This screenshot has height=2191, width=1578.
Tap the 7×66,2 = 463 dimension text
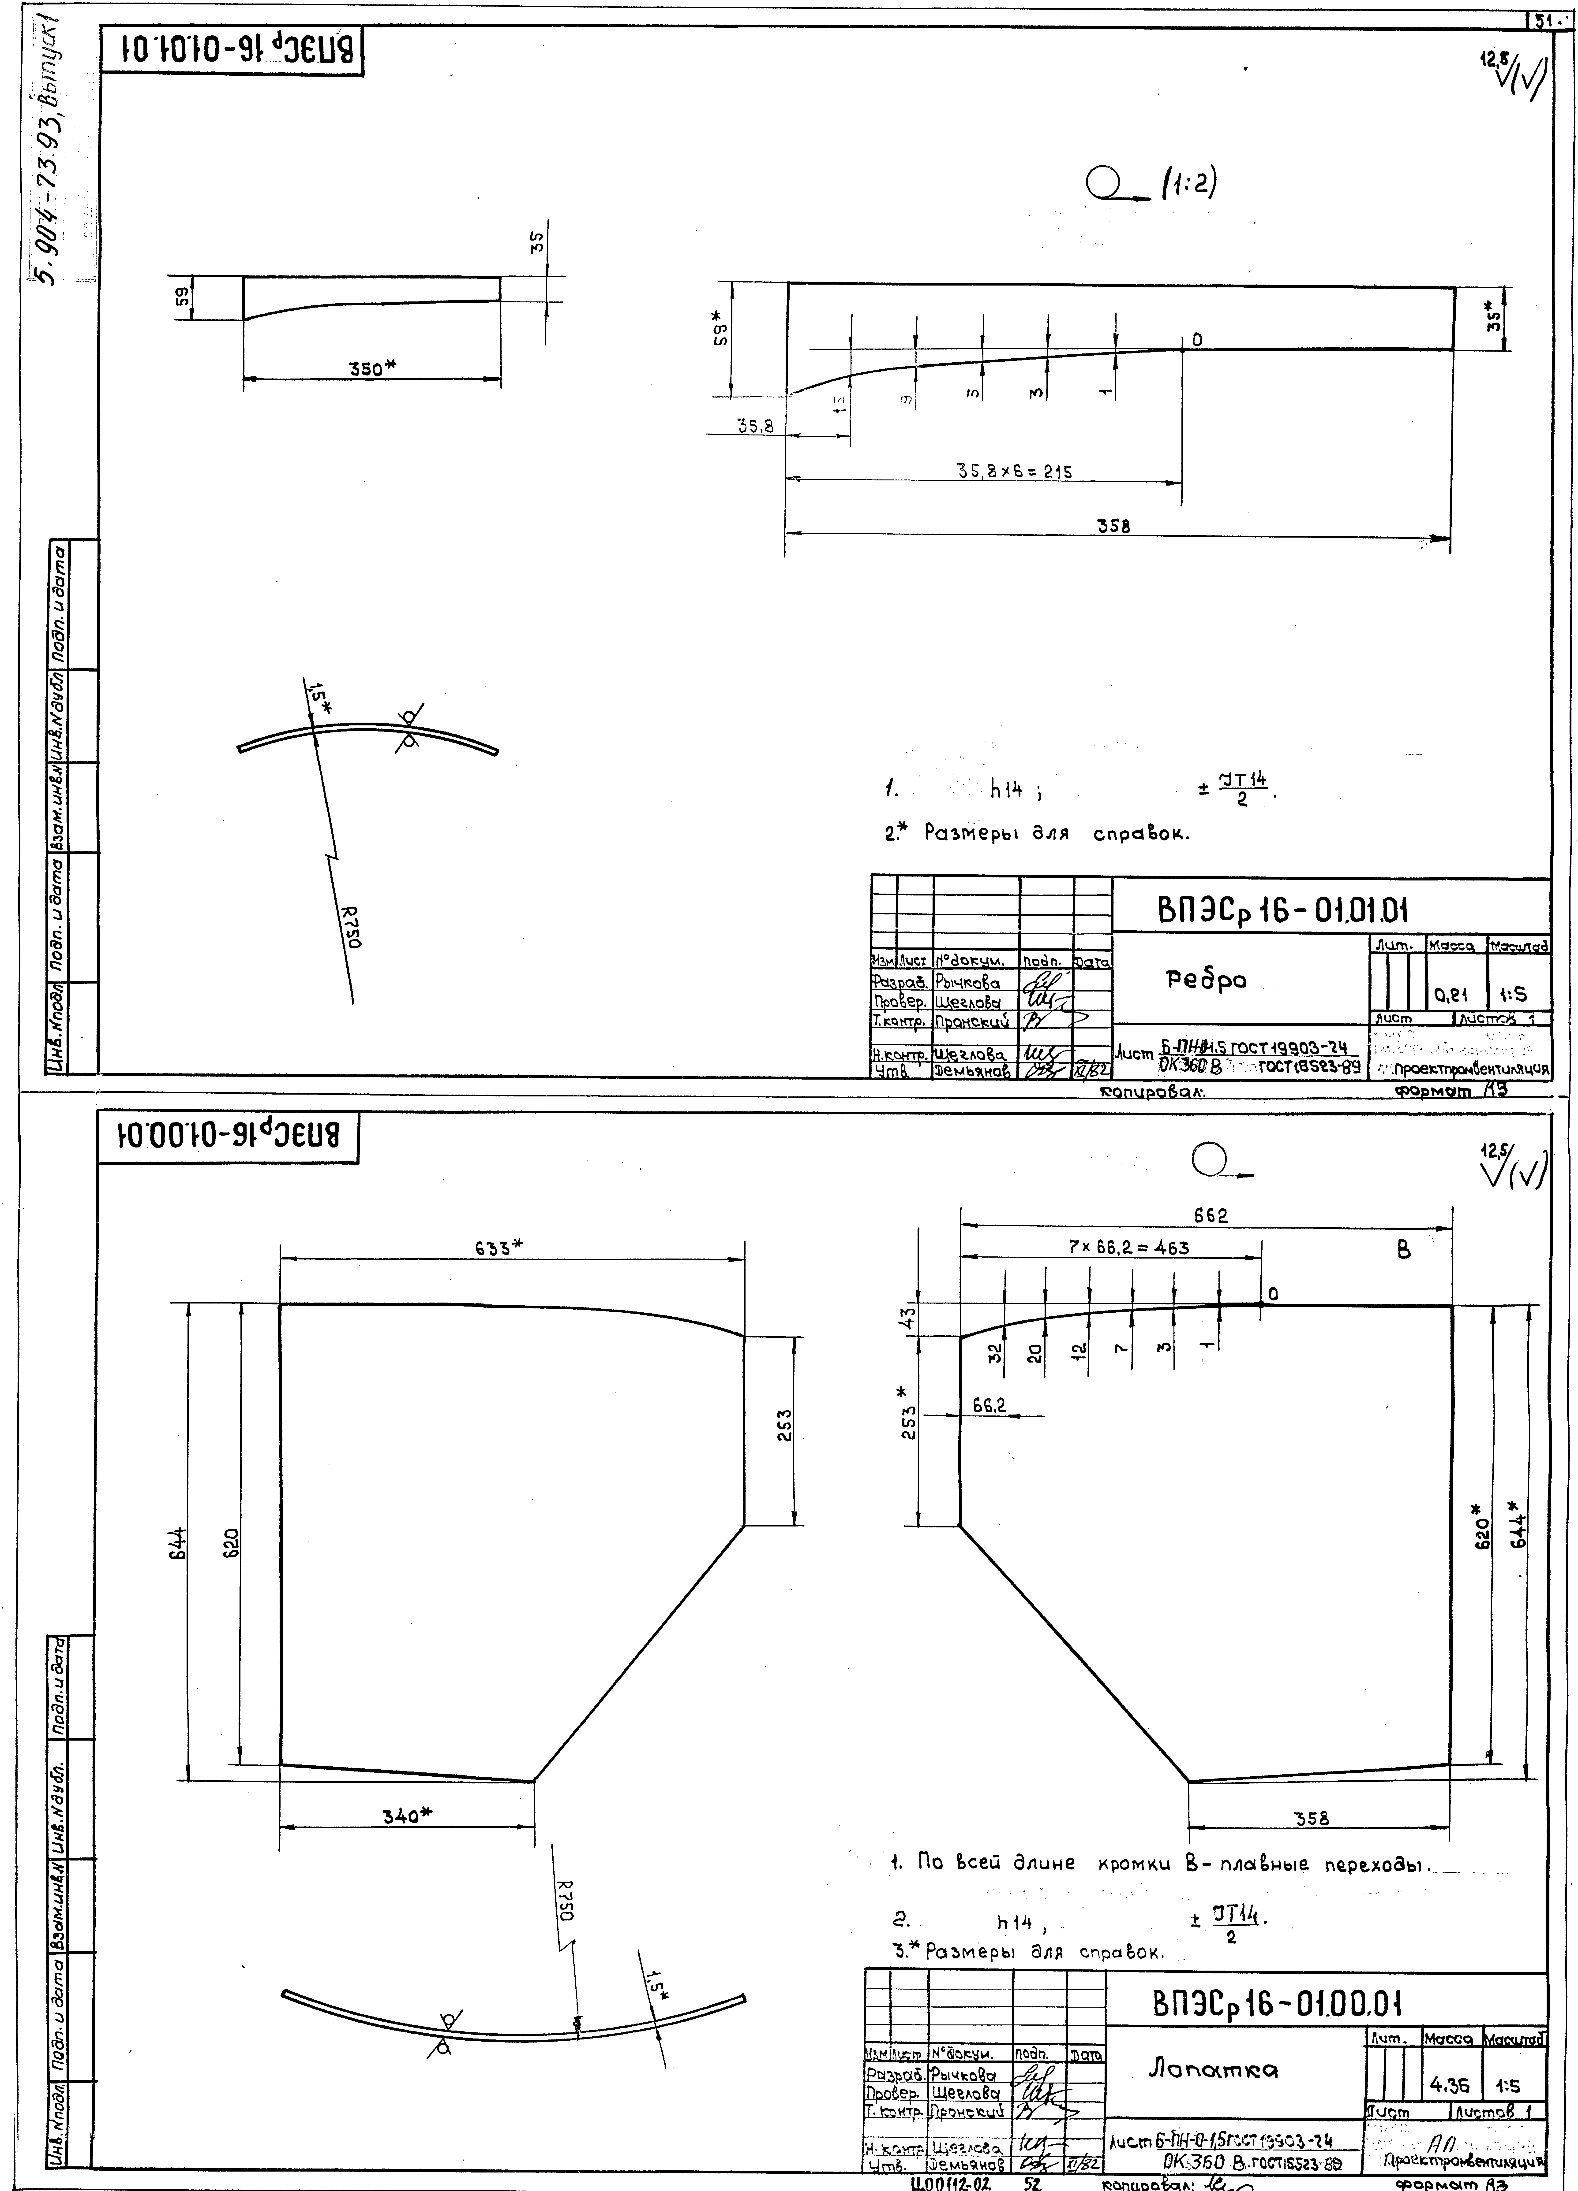coord(1129,1247)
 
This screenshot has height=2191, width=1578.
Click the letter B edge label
coord(1404,1250)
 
